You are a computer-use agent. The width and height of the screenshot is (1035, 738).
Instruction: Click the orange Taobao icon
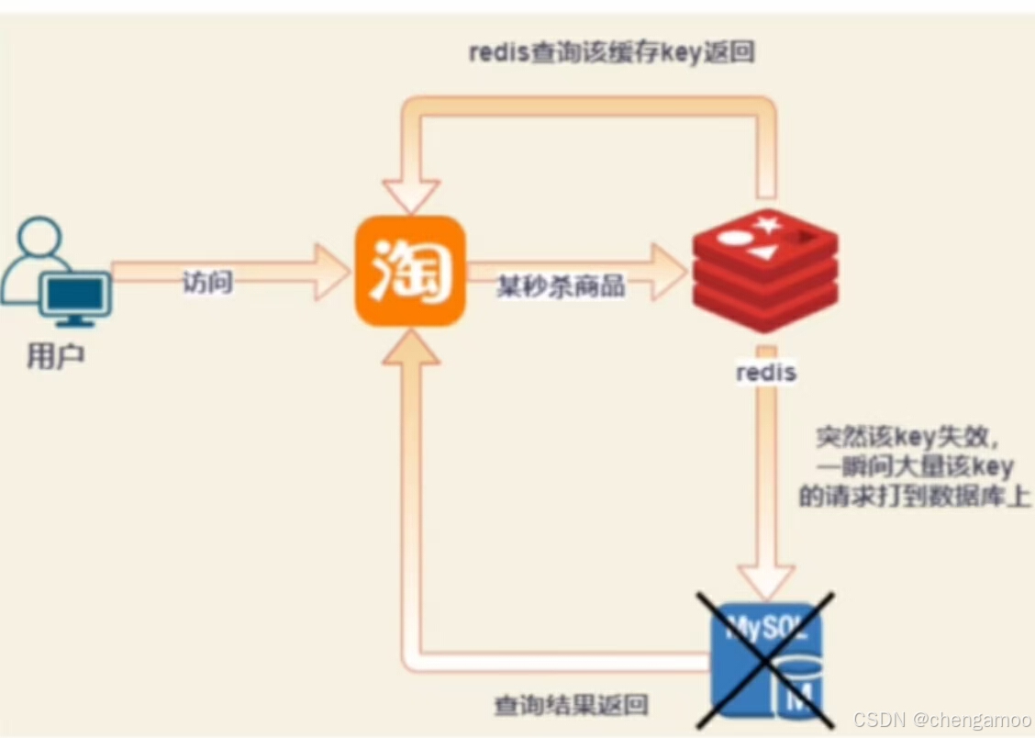(x=410, y=271)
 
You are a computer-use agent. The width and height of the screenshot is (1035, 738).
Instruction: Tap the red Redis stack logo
(x=764, y=269)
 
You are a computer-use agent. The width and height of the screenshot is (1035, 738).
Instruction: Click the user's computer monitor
(x=76, y=296)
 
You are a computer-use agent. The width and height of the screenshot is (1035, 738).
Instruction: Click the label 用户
(x=55, y=355)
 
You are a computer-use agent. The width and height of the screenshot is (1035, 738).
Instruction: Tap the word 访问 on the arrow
(x=207, y=283)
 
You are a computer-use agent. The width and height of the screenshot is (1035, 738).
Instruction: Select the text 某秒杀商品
(x=562, y=285)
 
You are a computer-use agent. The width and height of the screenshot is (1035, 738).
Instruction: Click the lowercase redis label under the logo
(x=766, y=374)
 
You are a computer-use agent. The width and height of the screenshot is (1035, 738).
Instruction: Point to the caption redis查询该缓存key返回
(x=611, y=52)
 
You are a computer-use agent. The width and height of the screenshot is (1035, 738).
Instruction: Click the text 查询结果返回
(x=572, y=705)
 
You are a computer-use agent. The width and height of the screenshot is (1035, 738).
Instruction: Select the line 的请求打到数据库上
(x=914, y=497)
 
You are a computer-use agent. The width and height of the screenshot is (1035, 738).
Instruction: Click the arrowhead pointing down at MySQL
(x=767, y=581)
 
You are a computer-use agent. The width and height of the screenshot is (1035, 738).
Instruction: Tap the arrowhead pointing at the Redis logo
(x=667, y=272)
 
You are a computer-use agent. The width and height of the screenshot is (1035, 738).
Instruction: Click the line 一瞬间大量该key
(x=916, y=465)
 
